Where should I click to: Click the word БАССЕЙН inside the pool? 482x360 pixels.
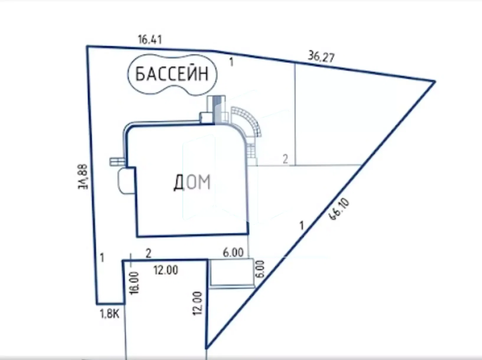pos(172,74)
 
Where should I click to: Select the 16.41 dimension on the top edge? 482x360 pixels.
pos(150,40)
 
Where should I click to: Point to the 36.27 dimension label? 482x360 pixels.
pos(321,57)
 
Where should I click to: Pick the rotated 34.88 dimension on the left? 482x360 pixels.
pos(83,177)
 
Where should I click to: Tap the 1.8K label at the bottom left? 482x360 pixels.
pos(110,314)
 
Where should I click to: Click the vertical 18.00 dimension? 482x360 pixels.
pos(134,283)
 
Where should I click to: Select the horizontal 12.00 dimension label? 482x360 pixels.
pos(166,270)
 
